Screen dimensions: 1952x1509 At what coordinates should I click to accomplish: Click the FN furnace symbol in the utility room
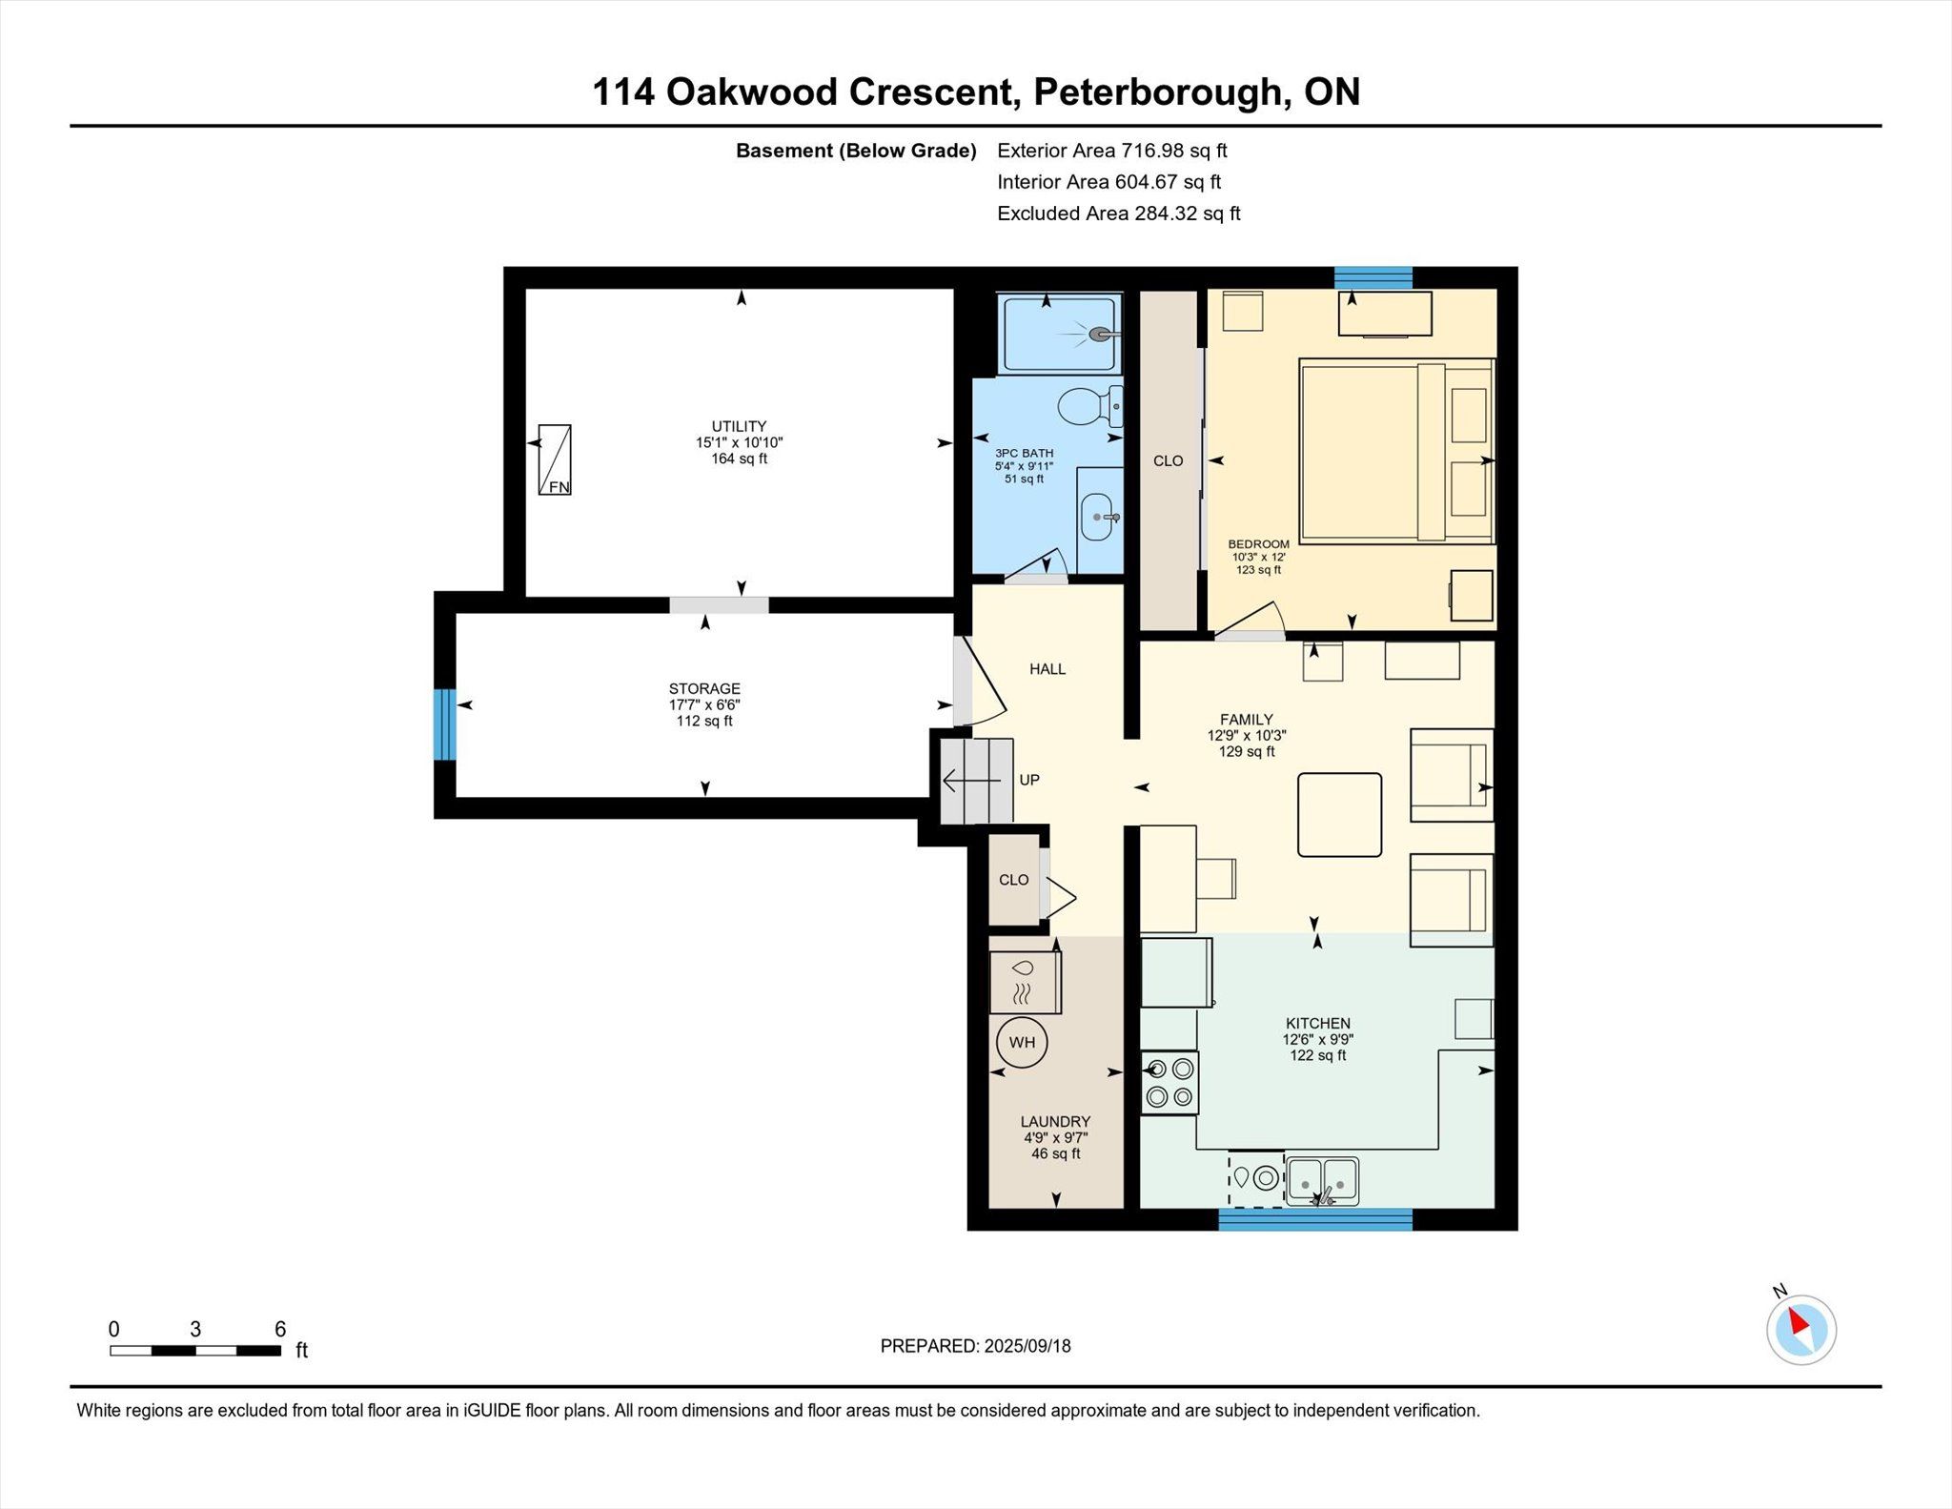[555, 459]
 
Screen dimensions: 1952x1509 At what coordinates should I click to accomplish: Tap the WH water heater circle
[1022, 1042]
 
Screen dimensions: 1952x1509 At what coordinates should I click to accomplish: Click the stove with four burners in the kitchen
[1170, 1082]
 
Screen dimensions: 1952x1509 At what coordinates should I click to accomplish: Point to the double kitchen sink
[1322, 1181]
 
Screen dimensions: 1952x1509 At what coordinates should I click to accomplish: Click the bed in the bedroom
[1396, 452]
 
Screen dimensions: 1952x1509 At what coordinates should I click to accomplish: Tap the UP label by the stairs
[1029, 780]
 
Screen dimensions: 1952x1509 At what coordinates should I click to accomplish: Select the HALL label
[1047, 669]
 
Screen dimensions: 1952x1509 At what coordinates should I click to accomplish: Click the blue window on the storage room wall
[444, 724]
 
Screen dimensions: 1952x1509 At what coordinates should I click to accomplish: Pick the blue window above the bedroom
[1372, 277]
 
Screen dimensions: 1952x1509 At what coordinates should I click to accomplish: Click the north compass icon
[1800, 1328]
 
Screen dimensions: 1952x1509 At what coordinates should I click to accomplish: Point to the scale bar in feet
[195, 1350]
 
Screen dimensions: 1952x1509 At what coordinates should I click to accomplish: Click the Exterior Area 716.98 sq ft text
[1112, 151]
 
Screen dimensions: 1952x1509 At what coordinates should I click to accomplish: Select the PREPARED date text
[975, 1346]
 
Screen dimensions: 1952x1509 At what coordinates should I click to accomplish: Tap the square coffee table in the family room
[1339, 814]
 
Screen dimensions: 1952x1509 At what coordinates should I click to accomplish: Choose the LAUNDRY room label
[1055, 1122]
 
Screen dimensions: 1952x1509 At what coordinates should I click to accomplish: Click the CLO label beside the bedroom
[1168, 461]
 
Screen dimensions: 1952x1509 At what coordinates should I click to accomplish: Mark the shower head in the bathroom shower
[1102, 335]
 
